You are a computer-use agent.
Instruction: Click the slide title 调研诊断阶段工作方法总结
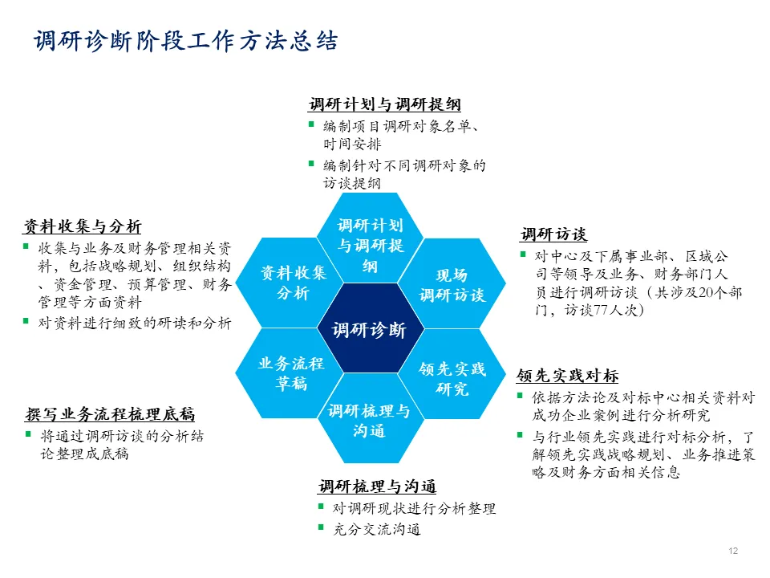point(185,42)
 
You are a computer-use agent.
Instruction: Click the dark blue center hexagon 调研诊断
point(369,329)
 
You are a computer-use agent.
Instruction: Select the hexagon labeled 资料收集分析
point(293,283)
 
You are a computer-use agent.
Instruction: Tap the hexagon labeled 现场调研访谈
point(452,285)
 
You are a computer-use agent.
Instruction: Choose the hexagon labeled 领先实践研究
point(452,378)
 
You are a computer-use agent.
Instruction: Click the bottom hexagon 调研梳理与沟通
point(369,421)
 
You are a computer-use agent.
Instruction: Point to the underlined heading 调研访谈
point(553,234)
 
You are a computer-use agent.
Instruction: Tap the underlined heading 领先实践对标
point(567,376)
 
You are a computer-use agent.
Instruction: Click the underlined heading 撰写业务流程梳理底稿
point(110,415)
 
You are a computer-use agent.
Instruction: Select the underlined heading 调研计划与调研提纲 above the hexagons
point(385,104)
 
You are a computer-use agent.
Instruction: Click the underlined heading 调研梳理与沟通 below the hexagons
point(377,486)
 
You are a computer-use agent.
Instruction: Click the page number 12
point(732,551)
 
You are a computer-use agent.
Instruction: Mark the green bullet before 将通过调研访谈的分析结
point(29,436)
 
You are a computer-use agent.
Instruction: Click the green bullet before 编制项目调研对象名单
point(311,124)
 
